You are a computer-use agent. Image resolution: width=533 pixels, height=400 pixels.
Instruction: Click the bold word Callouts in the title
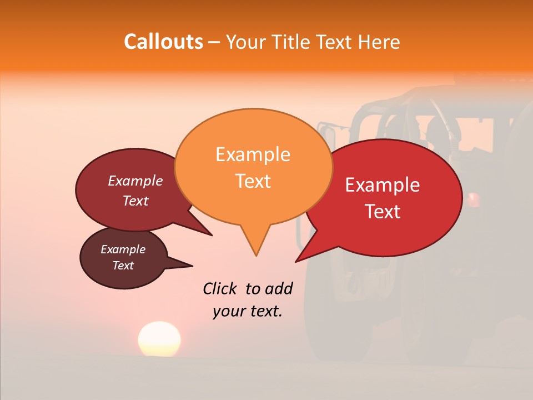click(163, 42)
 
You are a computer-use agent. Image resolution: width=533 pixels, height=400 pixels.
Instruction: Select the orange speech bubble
click(253, 167)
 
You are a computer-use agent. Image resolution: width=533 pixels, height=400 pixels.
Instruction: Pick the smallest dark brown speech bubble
click(123, 258)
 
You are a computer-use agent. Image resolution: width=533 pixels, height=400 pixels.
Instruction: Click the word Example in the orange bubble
click(253, 154)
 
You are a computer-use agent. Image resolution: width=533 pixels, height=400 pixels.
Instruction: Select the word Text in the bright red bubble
click(383, 212)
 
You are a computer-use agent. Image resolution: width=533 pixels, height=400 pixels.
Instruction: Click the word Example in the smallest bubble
click(123, 249)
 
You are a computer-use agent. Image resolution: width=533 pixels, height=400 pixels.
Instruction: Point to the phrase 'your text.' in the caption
click(248, 311)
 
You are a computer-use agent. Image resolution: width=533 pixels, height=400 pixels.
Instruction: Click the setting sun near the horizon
click(159, 338)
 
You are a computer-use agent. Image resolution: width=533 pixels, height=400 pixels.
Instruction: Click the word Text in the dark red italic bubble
click(135, 201)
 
